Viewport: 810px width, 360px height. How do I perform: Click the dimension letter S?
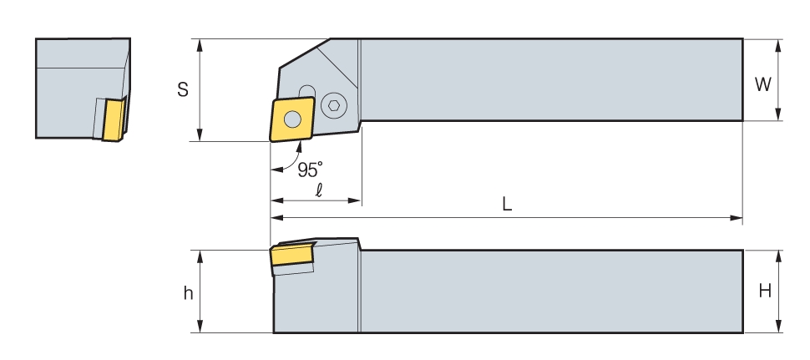[183, 89]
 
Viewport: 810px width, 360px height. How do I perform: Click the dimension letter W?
[763, 84]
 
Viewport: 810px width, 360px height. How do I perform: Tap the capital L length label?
[507, 205]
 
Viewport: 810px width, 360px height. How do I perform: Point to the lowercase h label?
[188, 293]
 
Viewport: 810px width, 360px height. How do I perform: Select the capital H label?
[765, 292]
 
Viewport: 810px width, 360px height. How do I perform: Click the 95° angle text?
[310, 170]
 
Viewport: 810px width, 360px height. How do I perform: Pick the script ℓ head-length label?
[319, 190]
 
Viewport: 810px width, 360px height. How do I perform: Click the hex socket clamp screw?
[334, 105]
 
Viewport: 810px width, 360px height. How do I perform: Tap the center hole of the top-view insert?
[292, 119]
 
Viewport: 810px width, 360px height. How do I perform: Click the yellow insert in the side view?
[292, 254]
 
